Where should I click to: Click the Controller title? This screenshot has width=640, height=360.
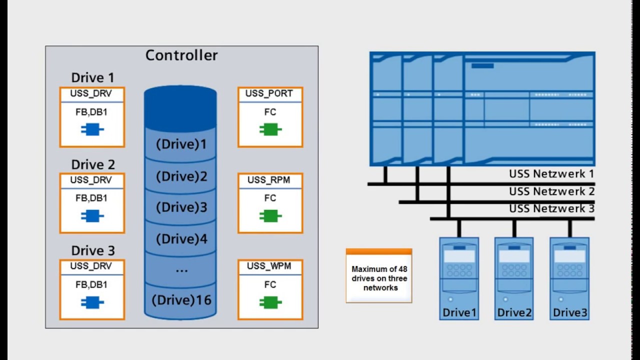[181, 55]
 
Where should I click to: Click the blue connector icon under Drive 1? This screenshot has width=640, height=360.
[92, 130]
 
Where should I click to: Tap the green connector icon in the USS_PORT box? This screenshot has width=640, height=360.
[270, 130]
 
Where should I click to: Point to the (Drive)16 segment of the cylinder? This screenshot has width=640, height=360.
[181, 300]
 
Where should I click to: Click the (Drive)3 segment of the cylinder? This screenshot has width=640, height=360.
[181, 207]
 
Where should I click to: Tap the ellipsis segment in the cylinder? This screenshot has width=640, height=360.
[181, 270]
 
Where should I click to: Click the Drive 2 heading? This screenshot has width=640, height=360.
[93, 164]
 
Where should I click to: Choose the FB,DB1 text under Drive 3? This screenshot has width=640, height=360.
[91, 284]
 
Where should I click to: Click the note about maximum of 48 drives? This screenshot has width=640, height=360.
[379, 278]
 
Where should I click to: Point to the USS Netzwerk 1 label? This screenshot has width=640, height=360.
[551, 174]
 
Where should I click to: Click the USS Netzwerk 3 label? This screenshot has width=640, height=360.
[551, 208]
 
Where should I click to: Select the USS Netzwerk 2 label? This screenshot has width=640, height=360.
[551, 191]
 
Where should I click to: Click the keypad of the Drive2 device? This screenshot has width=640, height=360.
[514, 271]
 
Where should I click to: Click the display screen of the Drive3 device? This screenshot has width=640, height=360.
[569, 256]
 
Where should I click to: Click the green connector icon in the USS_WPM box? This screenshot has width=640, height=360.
[270, 302]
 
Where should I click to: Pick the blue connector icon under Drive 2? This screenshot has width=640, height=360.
[92, 216]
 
